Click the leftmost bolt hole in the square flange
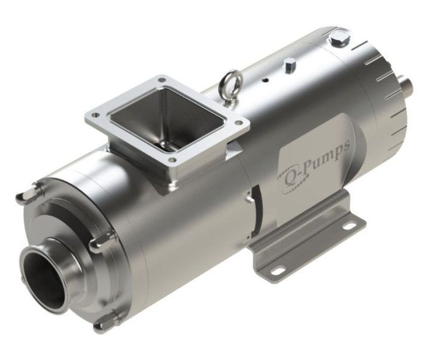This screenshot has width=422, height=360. (x=93, y=111)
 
